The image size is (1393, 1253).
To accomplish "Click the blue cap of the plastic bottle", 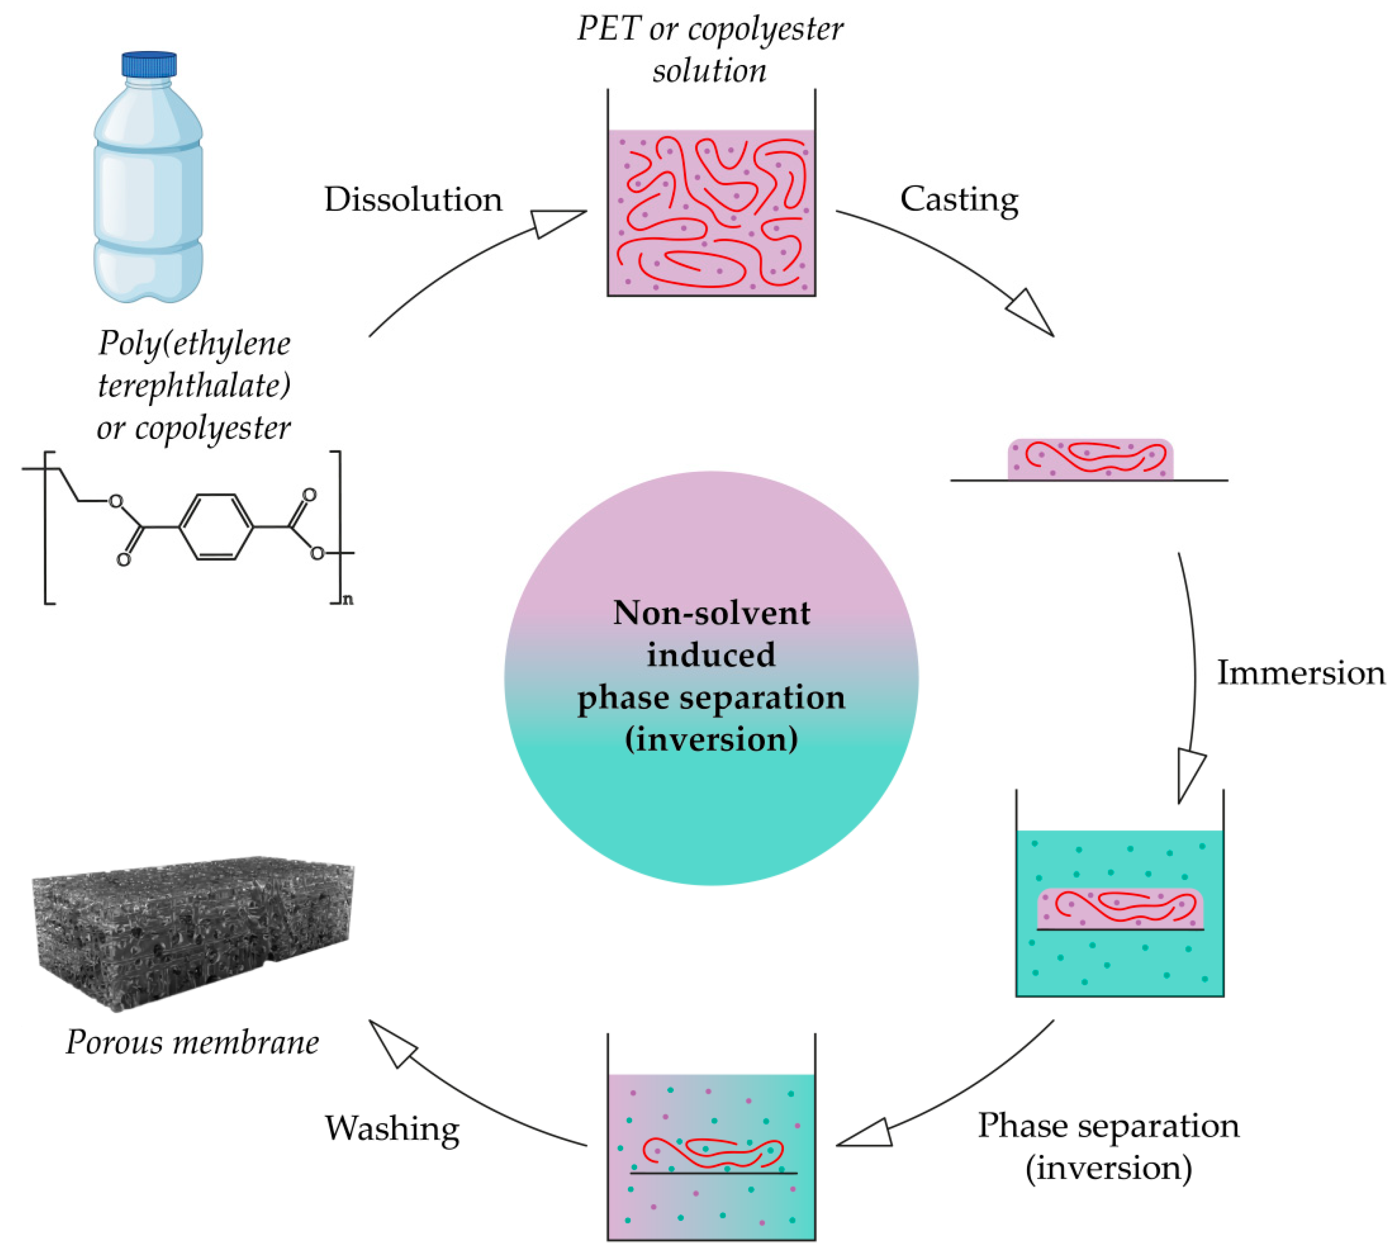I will point(149,64).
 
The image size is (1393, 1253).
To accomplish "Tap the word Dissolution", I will point(413,200).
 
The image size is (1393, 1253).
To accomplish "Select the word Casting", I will point(959,200).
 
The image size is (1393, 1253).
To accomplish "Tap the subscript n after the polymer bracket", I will point(348,599).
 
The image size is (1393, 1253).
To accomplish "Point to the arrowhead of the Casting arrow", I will point(1032,313).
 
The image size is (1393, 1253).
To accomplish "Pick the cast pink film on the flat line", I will point(1090,459).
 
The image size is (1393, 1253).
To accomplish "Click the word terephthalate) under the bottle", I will point(194,385).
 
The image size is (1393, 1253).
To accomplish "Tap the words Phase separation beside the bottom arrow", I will point(1108,1126).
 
